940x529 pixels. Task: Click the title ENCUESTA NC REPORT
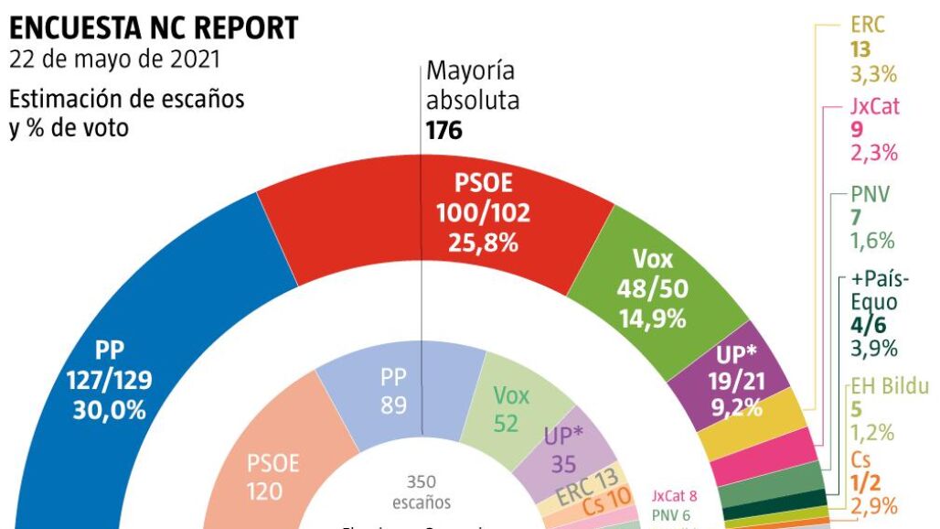point(154,27)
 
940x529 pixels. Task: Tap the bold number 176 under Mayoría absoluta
point(444,131)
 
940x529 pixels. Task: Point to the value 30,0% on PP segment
point(109,409)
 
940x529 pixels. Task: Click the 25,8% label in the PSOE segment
point(483,243)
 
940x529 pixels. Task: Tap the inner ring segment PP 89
point(394,391)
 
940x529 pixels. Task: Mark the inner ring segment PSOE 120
point(274,476)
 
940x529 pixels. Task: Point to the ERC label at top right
point(868,26)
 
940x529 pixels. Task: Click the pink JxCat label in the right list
point(875,106)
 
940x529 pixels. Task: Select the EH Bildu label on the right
point(889,386)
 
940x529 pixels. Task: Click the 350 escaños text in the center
point(422,491)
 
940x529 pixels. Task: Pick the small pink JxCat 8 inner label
point(675,496)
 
